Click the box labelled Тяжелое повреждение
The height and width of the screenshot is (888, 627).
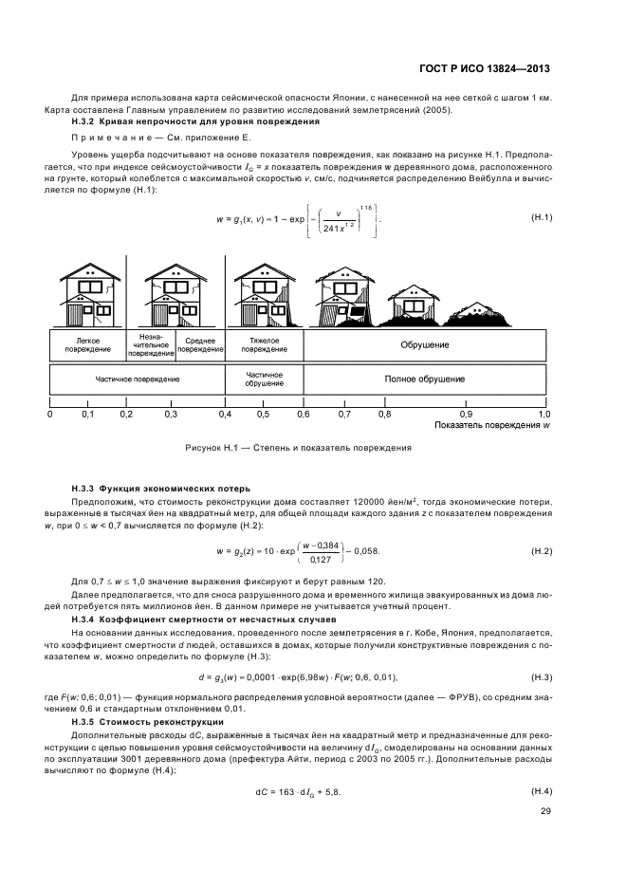coord(264,342)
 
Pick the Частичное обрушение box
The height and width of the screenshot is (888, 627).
coord(264,379)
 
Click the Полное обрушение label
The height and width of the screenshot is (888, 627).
coord(424,379)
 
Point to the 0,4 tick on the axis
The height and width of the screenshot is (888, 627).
coord(225,414)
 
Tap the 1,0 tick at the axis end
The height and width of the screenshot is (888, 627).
coord(544,414)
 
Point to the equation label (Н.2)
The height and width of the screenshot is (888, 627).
coord(541,550)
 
